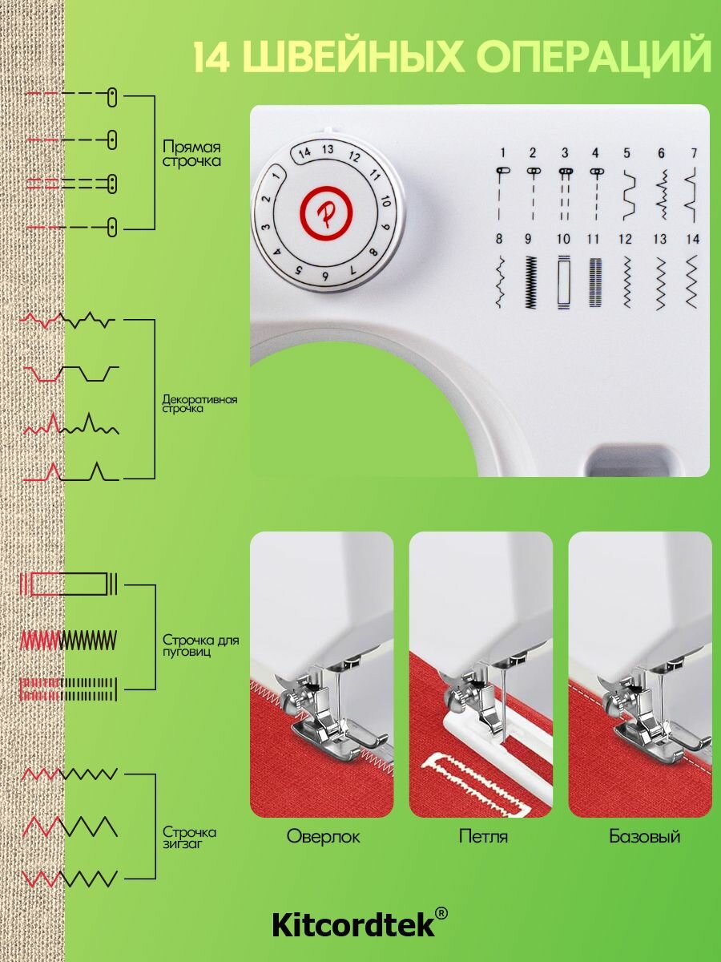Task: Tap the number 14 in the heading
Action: click(211, 58)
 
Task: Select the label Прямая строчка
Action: click(191, 154)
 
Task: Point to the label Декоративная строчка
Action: click(199, 404)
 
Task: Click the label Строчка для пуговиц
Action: click(201, 645)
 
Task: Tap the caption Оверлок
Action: click(323, 836)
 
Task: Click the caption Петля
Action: click(483, 836)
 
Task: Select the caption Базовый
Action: click(644, 836)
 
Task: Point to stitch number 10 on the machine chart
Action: click(563, 239)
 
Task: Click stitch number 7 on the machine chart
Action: click(695, 153)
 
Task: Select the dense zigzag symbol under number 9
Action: click(530, 281)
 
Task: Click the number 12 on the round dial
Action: click(355, 156)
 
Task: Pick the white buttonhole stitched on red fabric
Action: click(475, 786)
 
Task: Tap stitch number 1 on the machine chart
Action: click(503, 152)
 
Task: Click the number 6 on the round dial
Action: click(324, 276)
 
